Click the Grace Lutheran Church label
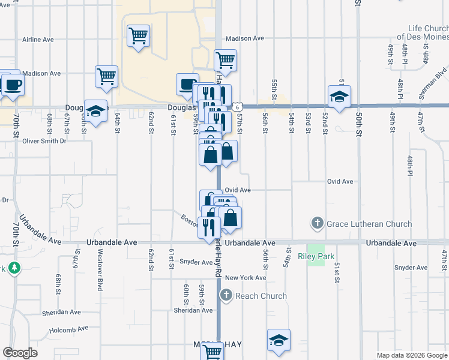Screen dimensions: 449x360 pyautogui.click(x=369, y=224)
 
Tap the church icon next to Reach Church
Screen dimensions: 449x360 pyautogui.click(x=226, y=295)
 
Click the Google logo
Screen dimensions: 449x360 pyautogui.click(x=20, y=353)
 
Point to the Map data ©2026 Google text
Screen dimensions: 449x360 pyautogui.click(x=411, y=355)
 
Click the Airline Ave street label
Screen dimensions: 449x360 pyautogui.click(x=38, y=40)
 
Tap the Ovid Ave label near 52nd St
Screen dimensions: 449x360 pyautogui.click(x=340, y=181)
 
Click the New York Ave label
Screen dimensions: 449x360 pyautogui.click(x=246, y=278)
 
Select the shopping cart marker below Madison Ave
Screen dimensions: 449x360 pyautogui.click(x=225, y=60)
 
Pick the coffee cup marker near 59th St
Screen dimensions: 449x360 pyautogui.click(x=187, y=84)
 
